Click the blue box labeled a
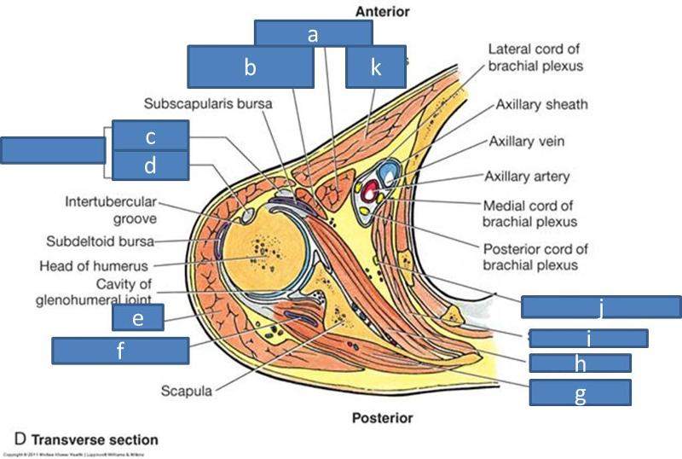[x=313, y=33]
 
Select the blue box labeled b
[x=250, y=67]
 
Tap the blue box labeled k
[x=375, y=67]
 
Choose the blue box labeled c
[x=150, y=136]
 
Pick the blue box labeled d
[x=150, y=166]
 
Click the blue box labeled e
[x=137, y=317]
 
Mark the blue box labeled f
[x=120, y=350]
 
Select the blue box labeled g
[x=580, y=392]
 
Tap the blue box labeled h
[x=580, y=363]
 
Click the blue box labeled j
[x=601, y=307]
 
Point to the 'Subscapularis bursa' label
[x=208, y=104]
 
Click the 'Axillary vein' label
[x=526, y=141]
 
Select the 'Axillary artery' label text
[x=527, y=177]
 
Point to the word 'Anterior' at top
[x=382, y=12]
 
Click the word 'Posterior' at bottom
[x=382, y=418]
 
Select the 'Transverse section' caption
[x=95, y=440]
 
